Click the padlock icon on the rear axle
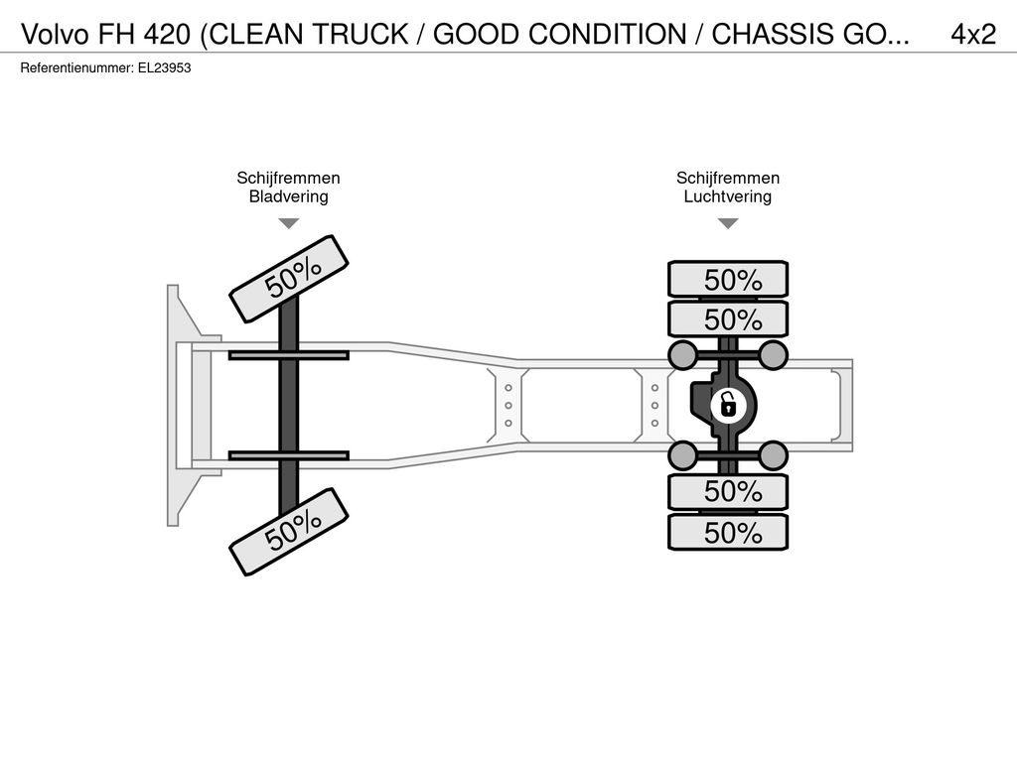point(728,405)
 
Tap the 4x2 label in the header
point(973,35)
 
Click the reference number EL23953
point(164,68)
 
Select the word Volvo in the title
point(56,35)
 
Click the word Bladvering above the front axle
point(289,196)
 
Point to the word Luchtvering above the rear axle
point(728,196)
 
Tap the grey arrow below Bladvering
point(289,223)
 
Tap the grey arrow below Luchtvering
point(728,223)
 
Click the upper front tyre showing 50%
point(289,279)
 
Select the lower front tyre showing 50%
point(289,532)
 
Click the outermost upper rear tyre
point(728,280)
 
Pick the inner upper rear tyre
point(728,319)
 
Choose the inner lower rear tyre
point(728,492)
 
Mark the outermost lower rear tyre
point(728,533)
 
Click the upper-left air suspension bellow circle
point(682,354)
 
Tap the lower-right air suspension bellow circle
point(773,455)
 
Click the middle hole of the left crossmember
point(508,406)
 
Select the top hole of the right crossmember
point(655,388)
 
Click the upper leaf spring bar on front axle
point(289,355)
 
